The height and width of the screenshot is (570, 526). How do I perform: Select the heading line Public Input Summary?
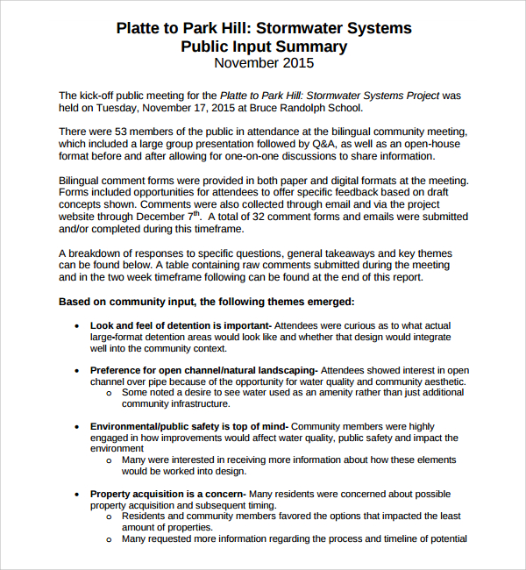(263, 46)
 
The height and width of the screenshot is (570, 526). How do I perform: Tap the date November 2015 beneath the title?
(263, 63)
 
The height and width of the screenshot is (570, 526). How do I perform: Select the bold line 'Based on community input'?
(206, 301)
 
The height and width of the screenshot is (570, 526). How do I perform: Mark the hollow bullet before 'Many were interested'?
(109, 460)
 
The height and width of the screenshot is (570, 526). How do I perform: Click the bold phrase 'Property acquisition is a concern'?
(167, 494)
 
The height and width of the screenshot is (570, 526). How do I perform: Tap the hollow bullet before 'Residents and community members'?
(109, 517)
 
